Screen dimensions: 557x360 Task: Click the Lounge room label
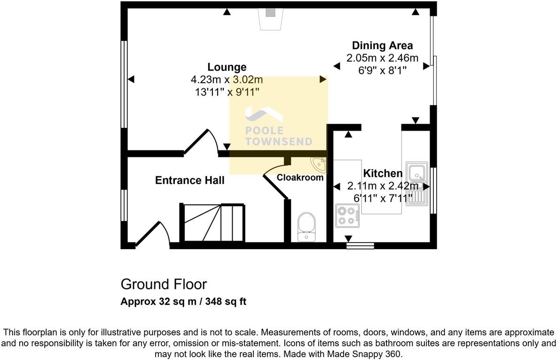tap(227, 67)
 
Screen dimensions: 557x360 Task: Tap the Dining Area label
tap(382, 46)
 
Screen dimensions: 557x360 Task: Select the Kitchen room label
tap(383, 173)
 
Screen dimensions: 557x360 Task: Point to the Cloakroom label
tap(300, 178)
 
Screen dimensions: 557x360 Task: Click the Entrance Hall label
tap(190, 180)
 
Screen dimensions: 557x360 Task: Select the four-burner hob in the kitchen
tap(347, 216)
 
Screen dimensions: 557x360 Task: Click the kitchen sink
tap(416, 184)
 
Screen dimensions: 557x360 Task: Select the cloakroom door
tap(276, 182)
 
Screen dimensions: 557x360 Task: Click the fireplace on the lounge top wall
tap(271, 18)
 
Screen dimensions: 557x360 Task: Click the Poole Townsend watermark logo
tap(278, 126)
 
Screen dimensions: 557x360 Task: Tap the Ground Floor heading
tap(164, 284)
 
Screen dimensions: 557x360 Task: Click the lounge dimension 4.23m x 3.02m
tap(227, 79)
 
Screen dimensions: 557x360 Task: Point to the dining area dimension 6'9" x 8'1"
tap(382, 70)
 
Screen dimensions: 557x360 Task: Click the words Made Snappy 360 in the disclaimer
tap(364, 354)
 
